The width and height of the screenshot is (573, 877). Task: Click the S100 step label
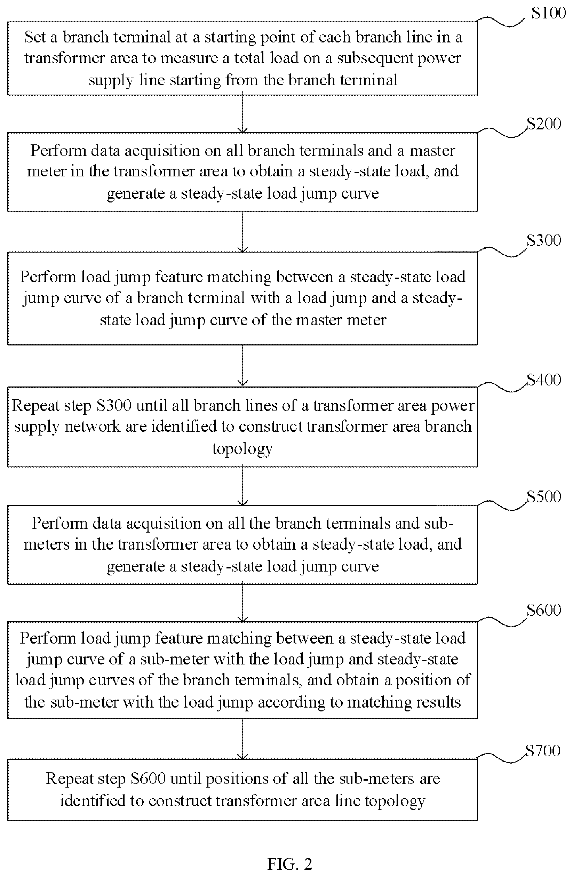(548, 13)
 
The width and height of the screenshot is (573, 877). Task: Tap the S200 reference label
(543, 124)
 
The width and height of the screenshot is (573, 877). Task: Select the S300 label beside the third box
(543, 240)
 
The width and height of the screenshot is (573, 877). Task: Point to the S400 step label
(543, 380)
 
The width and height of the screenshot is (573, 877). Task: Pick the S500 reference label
(543, 497)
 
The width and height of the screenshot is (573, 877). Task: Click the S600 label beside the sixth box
(543, 610)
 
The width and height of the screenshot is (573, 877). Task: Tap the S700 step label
(543, 751)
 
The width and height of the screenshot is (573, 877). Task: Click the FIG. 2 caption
(290, 864)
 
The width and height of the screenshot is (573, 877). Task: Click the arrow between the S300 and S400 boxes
(242, 366)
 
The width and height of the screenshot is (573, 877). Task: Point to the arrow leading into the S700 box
(242, 739)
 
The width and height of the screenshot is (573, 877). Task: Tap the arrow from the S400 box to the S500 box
(242, 486)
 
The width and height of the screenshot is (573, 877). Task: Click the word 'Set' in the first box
(35, 37)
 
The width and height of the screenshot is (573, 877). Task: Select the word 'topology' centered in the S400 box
(242, 449)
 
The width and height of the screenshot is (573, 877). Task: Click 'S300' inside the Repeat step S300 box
(114, 406)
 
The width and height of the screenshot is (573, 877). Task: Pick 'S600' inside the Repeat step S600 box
(148, 779)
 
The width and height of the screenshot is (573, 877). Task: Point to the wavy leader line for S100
(501, 21)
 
